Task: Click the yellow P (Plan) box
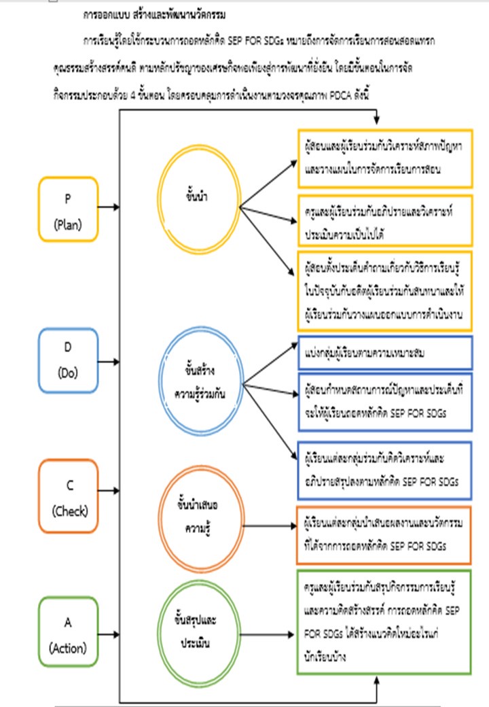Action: tap(69, 209)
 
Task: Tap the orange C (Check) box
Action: tap(69, 496)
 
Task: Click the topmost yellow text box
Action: tap(384, 158)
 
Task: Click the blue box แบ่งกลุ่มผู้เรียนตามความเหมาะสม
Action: tap(384, 353)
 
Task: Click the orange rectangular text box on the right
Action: tap(384, 535)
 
